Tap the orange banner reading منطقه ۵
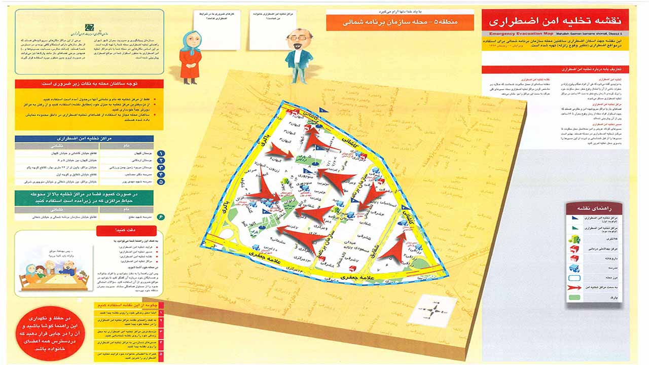click(x=401, y=22)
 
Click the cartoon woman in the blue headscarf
click(x=190, y=56)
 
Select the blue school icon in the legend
click(x=575, y=268)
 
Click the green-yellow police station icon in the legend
click(x=575, y=238)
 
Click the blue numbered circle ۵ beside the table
click(x=161, y=181)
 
